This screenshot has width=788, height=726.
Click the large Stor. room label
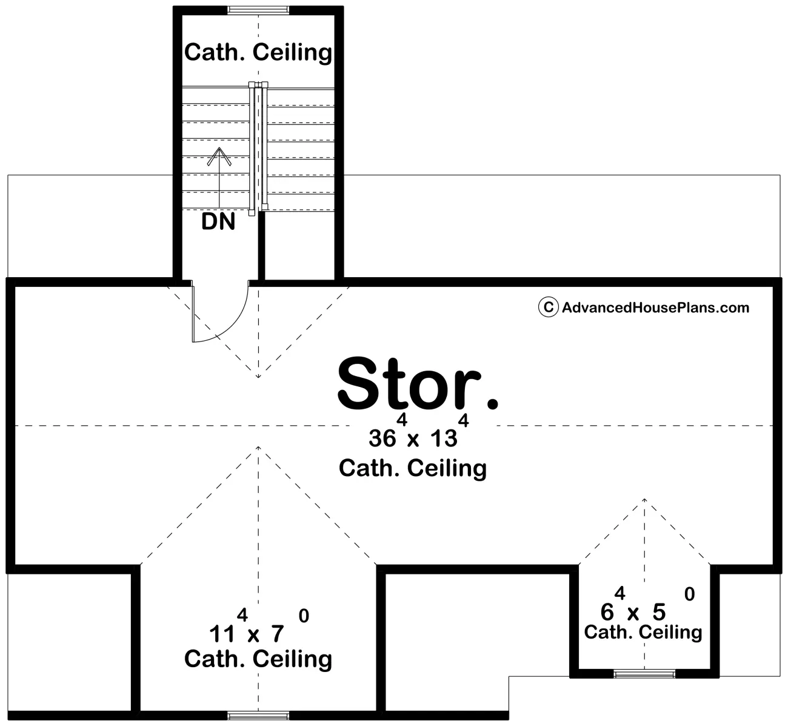pos(417,383)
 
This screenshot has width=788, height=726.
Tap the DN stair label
pos(218,222)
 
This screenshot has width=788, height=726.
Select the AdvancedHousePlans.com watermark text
pos(655,308)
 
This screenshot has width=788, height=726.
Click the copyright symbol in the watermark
pos(547,308)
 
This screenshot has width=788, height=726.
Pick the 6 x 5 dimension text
pos(633,611)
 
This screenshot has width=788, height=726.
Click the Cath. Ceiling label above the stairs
pos(258,52)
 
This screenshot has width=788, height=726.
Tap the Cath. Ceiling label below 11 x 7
pos(258,659)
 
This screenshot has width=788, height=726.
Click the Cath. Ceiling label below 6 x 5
pos(643,632)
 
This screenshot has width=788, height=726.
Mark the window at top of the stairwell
pos(258,9)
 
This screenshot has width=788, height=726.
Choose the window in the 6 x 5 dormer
pos(644,674)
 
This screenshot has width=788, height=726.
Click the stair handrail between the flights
pos(258,146)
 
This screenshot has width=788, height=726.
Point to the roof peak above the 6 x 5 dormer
pos(644,499)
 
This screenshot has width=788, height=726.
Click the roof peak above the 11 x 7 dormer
pos(258,447)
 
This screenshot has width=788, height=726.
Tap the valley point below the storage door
pos(258,377)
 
